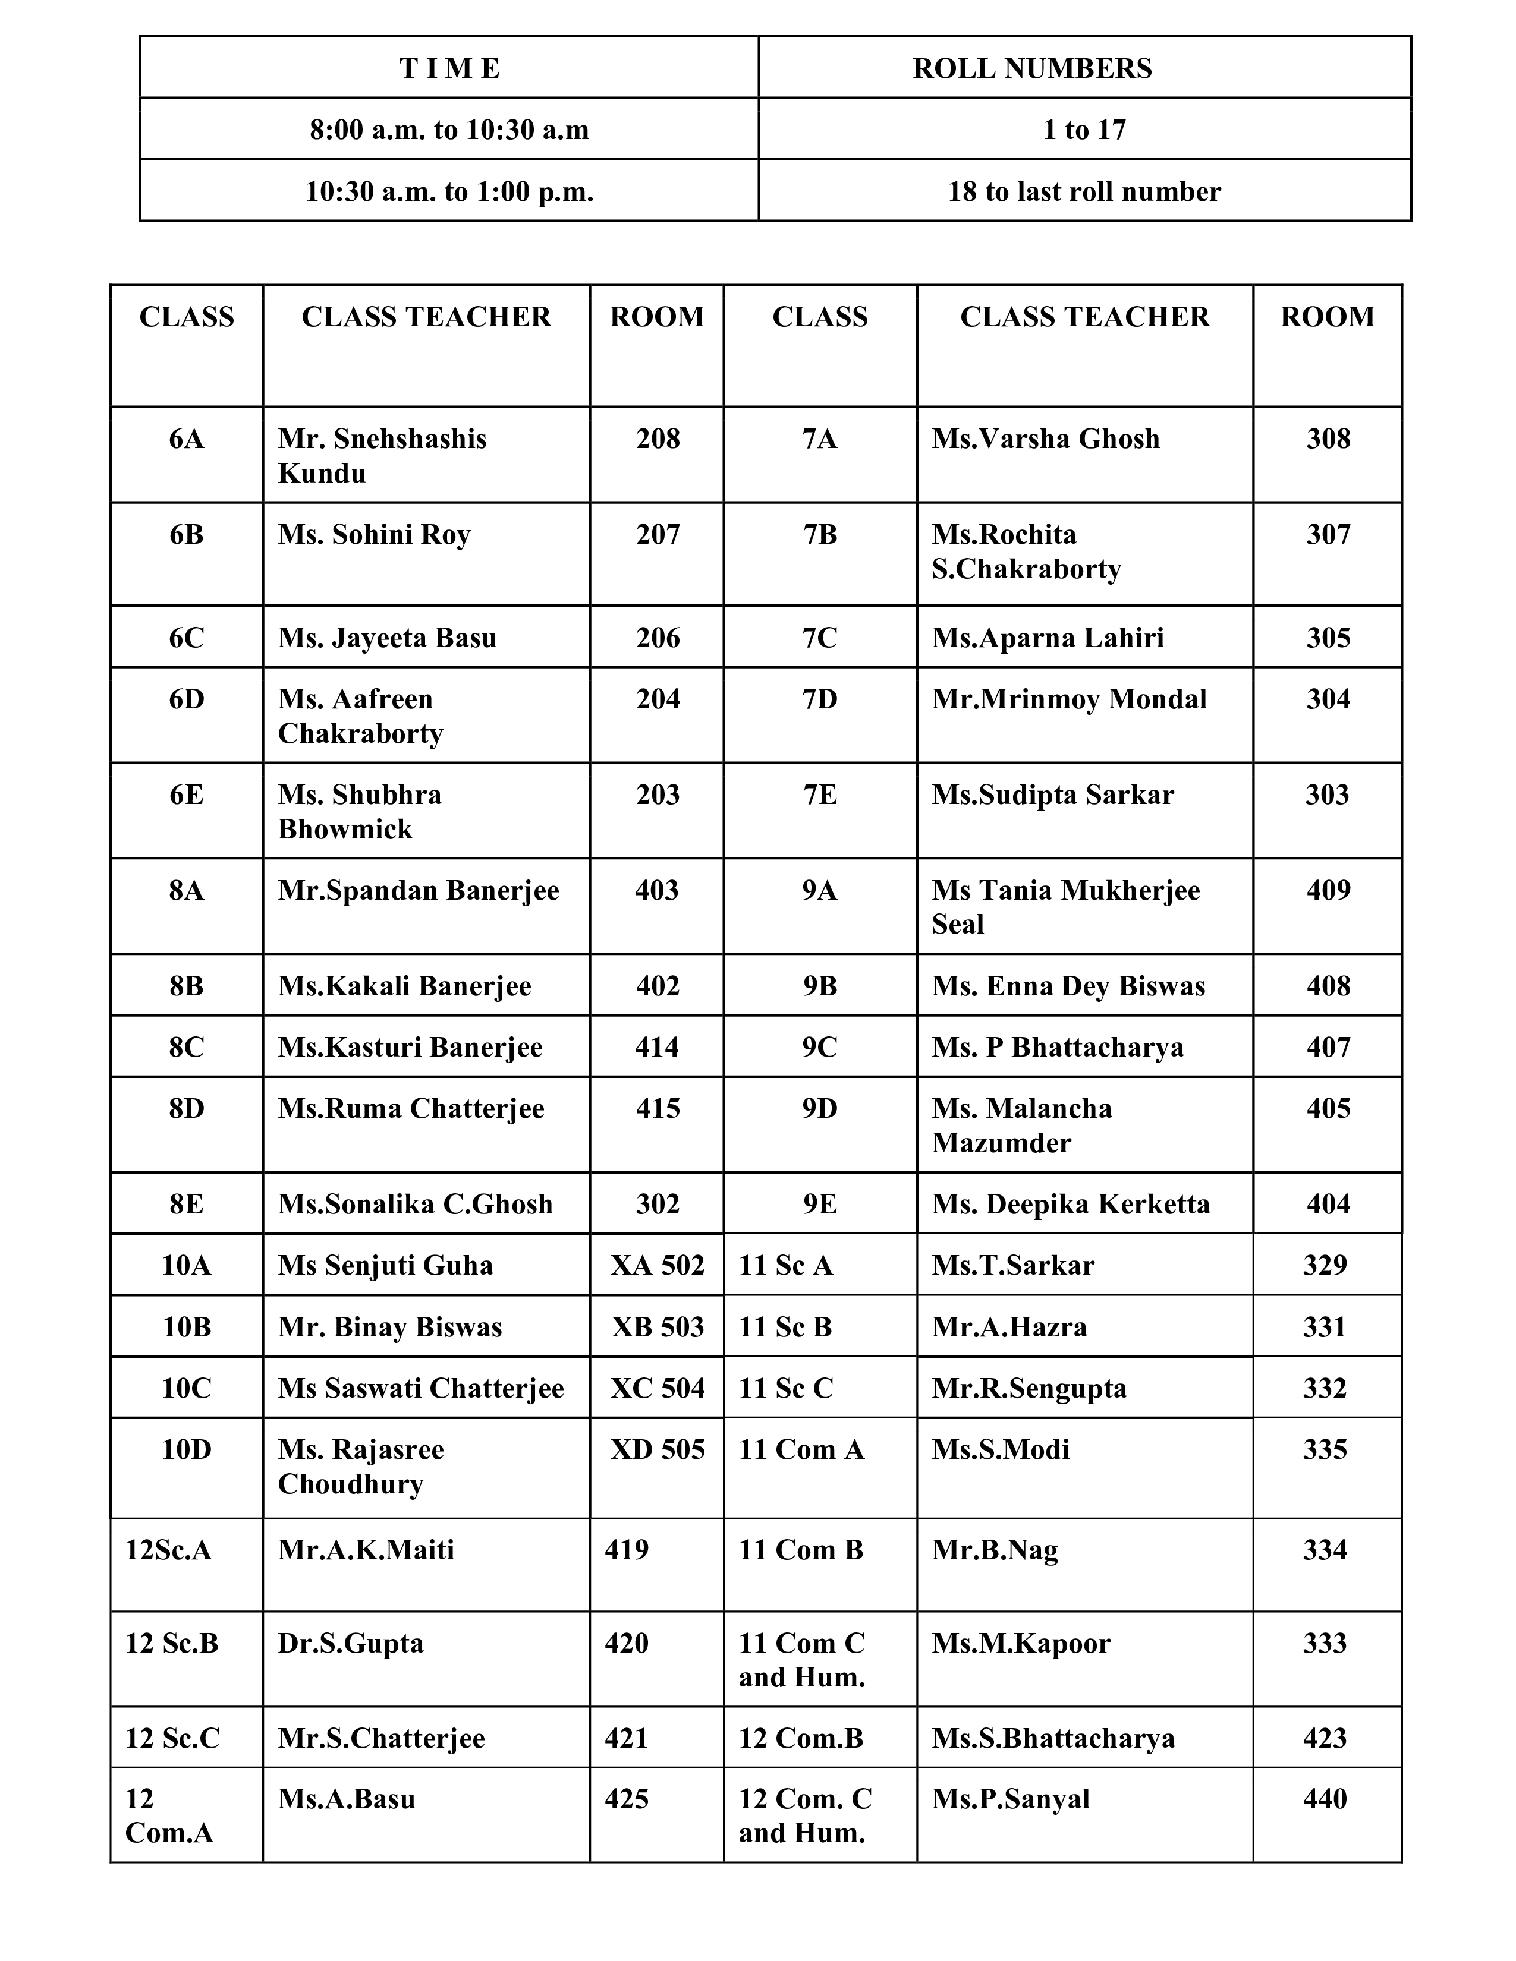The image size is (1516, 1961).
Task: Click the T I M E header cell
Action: (x=449, y=68)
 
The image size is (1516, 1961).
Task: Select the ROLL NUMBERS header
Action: (x=1032, y=68)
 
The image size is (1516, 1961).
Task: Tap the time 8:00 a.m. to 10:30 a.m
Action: (x=449, y=130)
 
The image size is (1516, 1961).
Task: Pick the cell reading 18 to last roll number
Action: (x=1084, y=191)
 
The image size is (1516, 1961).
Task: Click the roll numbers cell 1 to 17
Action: (x=1084, y=130)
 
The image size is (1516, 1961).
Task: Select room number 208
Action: (x=658, y=439)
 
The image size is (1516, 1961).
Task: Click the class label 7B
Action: (x=820, y=534)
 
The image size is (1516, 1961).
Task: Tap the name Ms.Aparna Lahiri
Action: (x=1047, y=638)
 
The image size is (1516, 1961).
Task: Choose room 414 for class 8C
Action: (x=656, y=1047)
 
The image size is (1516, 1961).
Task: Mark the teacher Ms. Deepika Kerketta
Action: (x=1071, y=1203)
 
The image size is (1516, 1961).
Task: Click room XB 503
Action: (x=658, y=1327)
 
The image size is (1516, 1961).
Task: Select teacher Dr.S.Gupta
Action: (x=350, y=1643)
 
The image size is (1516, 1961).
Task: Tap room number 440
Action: (x=1325, y=1799)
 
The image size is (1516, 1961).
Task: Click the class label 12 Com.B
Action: (x=800, y=1738)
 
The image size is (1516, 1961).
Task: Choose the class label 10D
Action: (x=187, y=1449)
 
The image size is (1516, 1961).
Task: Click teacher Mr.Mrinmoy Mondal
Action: (x=1069, y=699)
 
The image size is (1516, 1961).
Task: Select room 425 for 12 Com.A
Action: (x=626, y=1799)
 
